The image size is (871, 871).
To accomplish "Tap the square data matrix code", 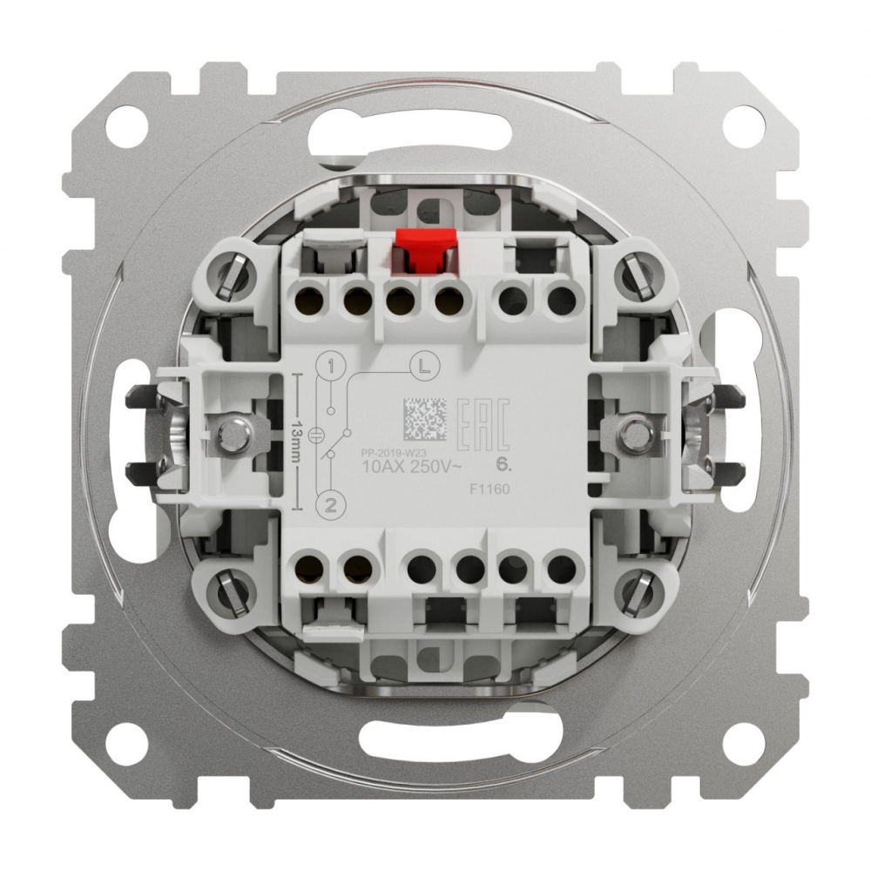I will click(x=424, y=420).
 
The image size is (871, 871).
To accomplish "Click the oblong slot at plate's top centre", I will click(x=435, y=138).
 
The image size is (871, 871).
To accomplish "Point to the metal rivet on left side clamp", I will click(x=233, y=432).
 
